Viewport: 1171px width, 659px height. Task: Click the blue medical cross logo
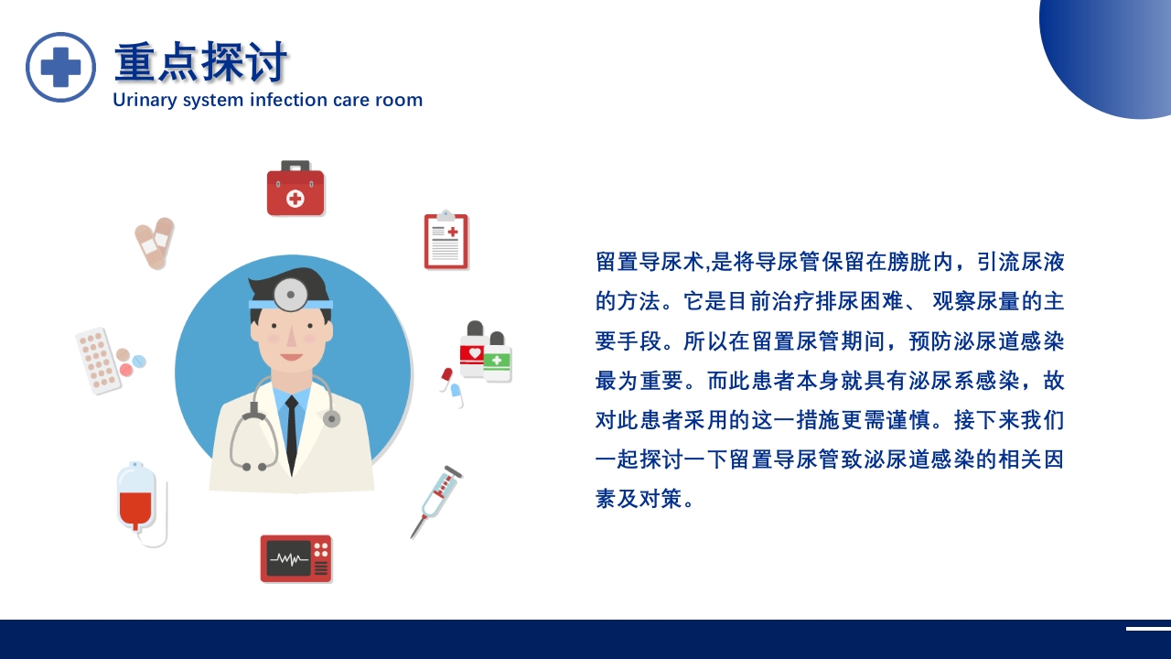click(60, 67)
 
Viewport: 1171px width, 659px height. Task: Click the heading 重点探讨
click(200, 62)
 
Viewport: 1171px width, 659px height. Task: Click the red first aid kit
click(295, 189)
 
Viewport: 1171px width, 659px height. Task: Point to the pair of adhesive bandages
click(155, 243)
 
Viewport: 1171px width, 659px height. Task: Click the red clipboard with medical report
click(446, 241)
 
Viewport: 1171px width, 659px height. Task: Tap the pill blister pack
click(98, 361)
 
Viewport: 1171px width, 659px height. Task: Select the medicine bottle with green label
click(498, 358)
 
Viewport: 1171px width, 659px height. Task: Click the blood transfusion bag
click(136, 498)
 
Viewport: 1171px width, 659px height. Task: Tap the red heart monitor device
click(295, 558)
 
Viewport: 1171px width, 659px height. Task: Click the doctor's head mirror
click(291, 295)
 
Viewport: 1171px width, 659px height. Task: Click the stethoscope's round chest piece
click(331, 418)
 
